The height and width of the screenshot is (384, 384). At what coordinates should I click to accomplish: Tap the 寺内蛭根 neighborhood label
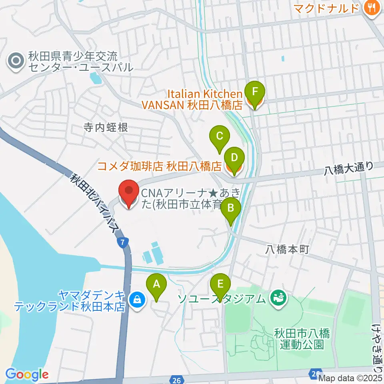(106, 128)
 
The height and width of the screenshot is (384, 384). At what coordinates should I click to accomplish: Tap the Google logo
(27, 375)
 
